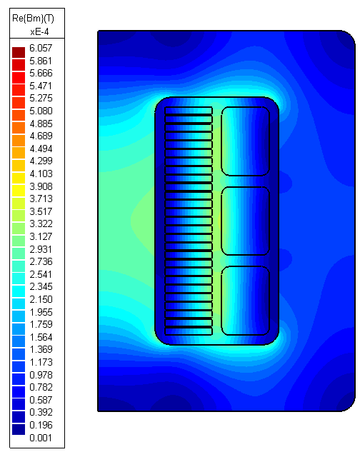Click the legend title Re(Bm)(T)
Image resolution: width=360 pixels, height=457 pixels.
34,19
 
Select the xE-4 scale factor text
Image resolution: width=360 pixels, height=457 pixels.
39,32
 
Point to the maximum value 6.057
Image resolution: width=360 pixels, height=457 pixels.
41,49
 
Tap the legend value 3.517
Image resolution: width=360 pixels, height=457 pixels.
41,212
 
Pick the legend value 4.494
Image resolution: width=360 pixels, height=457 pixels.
41,149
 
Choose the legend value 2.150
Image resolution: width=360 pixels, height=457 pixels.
41,300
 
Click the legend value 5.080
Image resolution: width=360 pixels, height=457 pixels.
41,111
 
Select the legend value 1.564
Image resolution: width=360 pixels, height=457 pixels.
41,338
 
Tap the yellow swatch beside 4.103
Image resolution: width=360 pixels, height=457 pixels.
19,176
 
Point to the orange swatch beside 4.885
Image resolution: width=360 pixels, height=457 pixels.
19,126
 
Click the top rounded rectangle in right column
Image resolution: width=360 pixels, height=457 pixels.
245,141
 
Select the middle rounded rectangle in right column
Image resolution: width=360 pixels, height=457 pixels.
245,221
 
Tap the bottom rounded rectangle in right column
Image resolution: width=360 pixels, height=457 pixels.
245,300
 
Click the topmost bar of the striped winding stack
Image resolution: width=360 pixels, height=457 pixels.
189,111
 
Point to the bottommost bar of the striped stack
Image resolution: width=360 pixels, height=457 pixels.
189,331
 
